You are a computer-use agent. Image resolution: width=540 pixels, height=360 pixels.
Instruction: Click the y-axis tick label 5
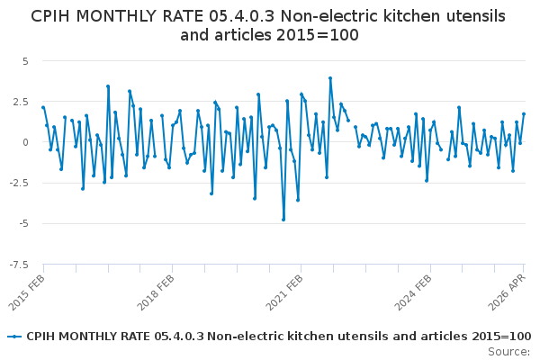25,62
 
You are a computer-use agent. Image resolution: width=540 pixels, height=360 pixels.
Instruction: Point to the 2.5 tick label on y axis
21,103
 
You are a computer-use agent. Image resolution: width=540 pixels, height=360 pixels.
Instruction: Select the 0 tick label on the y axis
25,142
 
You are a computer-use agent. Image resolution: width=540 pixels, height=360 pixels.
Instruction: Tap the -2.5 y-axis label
19,184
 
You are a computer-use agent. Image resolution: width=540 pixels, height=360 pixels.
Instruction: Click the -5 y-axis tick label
23,224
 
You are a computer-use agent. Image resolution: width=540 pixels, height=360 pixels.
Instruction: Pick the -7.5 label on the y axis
19,265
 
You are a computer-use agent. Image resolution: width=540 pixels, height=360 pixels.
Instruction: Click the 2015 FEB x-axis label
26,292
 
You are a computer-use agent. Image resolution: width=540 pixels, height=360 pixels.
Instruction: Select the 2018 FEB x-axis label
156,292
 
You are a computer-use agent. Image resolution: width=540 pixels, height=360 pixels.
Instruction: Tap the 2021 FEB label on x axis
284,292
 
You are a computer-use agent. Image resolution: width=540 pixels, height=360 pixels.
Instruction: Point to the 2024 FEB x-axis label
413,292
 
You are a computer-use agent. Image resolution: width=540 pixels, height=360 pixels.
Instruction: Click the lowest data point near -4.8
283,220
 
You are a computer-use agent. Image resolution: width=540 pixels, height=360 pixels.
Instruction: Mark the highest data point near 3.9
330,78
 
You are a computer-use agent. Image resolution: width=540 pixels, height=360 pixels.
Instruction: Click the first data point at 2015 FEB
43,107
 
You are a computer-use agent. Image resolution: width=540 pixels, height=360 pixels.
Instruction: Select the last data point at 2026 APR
524,114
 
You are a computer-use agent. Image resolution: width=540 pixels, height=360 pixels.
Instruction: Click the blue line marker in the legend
14,337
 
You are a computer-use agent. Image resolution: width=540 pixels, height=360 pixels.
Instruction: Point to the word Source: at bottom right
509,352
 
